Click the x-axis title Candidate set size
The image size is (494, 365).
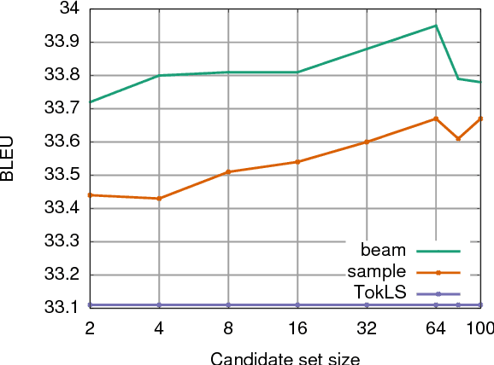click(x=285, y=357)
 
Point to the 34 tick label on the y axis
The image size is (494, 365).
click(x=68, y=9)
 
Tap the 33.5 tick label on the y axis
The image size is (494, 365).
click(x=61, y=175)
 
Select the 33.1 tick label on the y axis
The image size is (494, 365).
click(x=61, y=307)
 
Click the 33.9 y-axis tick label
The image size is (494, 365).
click(x=61, y=42)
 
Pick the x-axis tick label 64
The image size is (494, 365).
click(x=436, y=327)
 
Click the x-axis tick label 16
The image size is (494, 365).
click(x=297, y=327)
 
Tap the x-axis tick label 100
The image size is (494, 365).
click(x=480, y=327)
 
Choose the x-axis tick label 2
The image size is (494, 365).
click(x=90, y=327)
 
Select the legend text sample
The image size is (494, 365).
click(x=377, y=272)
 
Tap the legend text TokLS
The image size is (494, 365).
click(x=379, y=293)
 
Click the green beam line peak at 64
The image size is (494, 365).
click(x=436, y=26)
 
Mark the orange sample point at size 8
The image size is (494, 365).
click(x=228, y=171)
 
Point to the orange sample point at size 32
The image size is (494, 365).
click(x=367, y=142)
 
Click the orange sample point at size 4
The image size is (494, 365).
click(x=159, y=199)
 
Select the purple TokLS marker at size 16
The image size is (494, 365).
click(x=297, y=304)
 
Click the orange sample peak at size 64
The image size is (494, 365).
click(x=436, y=119)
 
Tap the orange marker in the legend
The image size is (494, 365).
click(x=438, y=272)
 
